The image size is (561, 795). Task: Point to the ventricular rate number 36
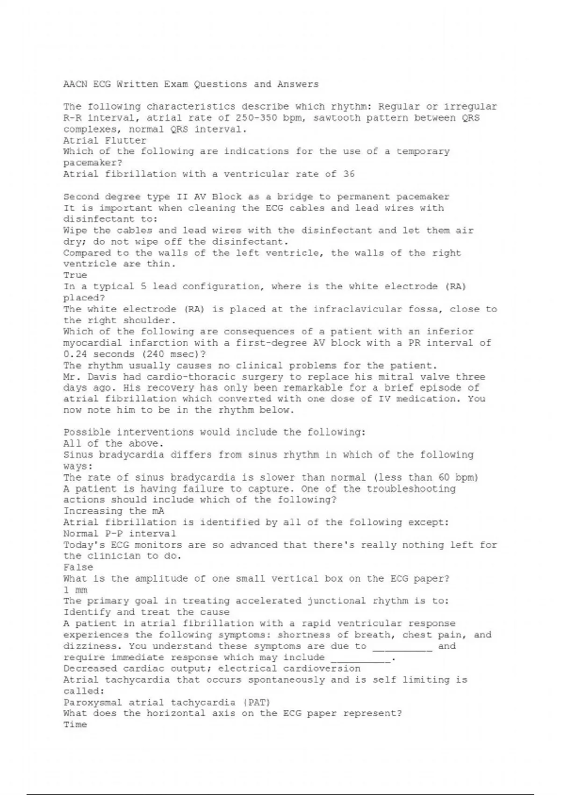pyautogui.click(x=349, y=174)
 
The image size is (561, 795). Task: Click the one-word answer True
pyautogui.click(x=75, y=275)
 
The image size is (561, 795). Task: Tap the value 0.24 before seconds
pyautogui.click(x=75, y=354)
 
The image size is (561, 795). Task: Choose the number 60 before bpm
pyautogui.click(x=444, y=477)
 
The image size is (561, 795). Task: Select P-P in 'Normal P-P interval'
pyautogui.click(x=110, y=534)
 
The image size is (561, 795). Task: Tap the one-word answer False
pyautogui.click(x=78, y=567)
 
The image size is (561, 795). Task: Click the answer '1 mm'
pyautogui.click(x=75, y=590)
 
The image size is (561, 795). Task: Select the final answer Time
pyautogui.click(x=75, y=725)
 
